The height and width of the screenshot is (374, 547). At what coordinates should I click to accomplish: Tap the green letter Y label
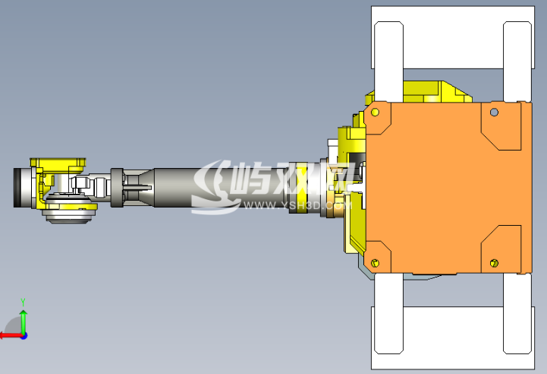coord(24,302)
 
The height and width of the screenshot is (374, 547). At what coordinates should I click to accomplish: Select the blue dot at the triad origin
coord(24,334)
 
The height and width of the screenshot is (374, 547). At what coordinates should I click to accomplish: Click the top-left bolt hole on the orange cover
coord(375,113)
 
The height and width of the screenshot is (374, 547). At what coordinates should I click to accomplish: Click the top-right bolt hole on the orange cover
coord(494,113)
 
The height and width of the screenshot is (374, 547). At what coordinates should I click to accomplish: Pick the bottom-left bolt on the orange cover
coord(375,262)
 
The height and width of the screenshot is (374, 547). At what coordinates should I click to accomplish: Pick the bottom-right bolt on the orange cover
coord(494,263)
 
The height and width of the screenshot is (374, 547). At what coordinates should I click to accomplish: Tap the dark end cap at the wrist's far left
coord(19,189)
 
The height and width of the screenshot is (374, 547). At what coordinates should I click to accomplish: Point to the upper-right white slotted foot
coord(517,61)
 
